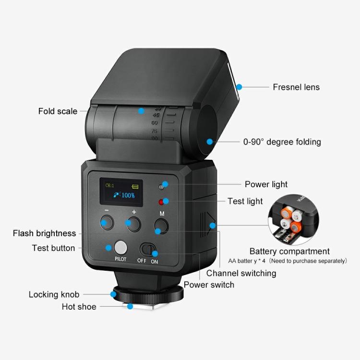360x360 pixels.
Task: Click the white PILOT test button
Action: pos(120,248)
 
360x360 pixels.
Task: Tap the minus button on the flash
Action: pos(107,222)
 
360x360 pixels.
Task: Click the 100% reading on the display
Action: pos(128,195)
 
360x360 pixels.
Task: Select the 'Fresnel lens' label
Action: pos(296,87)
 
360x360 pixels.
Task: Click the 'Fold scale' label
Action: pos(58,111)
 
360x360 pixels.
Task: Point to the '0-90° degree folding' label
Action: pos(282,142)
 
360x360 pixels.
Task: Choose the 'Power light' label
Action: pos(266,184)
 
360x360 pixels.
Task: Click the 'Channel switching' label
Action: pos(241,273)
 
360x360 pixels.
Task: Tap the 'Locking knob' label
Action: pos(54,294)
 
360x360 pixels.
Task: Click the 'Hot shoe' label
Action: pos(79,307)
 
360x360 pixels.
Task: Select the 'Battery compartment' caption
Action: pos(289,251)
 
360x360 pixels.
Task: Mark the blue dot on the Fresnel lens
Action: pos(239,87)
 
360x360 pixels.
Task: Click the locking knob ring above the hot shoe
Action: pos(147,293)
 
